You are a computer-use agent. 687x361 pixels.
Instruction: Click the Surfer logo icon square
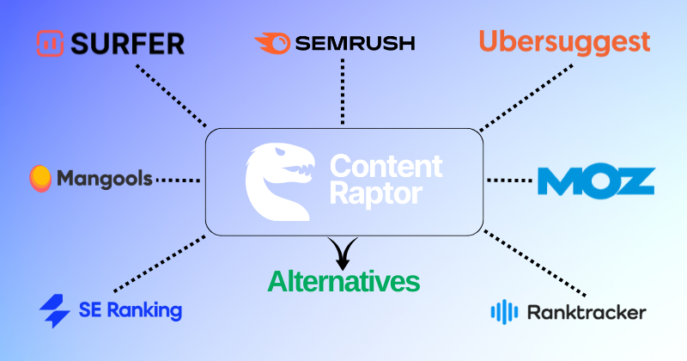pos(50,43)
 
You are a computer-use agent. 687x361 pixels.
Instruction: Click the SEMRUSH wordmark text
pos(353,42)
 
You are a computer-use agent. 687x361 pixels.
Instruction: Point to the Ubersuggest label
pos(564,41)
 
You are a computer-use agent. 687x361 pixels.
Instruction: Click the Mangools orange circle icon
pos(40,178)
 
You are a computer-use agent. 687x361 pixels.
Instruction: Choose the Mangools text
pos(104,179)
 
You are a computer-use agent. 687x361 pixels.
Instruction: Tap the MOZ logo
pos(596,180)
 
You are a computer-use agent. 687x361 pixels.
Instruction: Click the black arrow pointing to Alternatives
pos(343,252)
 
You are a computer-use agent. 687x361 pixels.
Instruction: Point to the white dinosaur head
pos(274,180)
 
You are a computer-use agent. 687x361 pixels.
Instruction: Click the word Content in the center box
pos(386,165)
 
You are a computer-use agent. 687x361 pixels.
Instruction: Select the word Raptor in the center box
pos(377,193)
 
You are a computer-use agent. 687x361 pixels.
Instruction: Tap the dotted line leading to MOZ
pos(509,180)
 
